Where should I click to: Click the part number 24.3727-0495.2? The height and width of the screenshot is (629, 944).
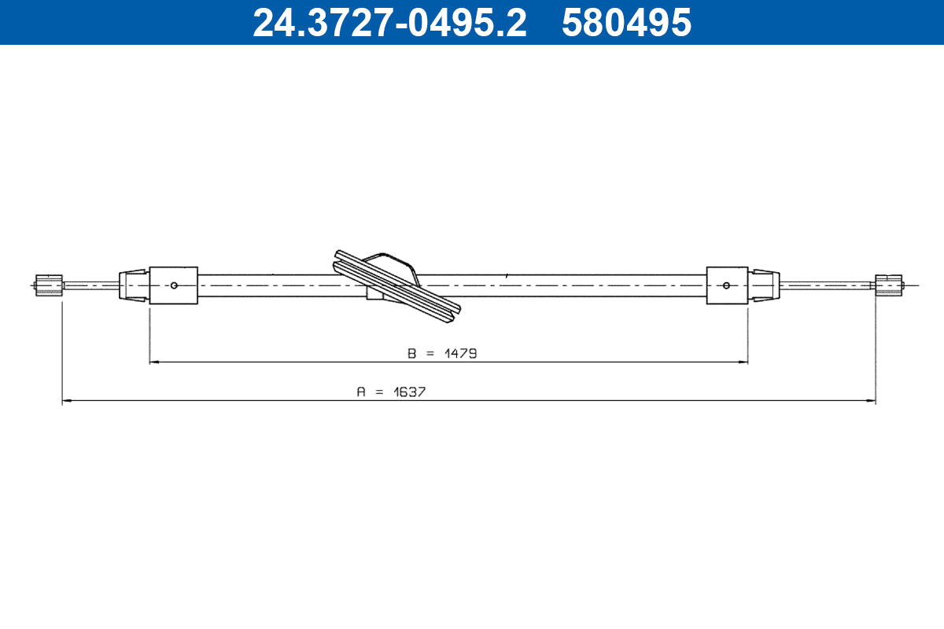pyautogui.click(x=389, y=23)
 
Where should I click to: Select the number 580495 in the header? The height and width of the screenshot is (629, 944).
pyautogui.click(x=626, y=23)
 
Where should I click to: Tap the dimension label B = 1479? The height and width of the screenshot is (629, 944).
pyautogui.click(x=442, y=353)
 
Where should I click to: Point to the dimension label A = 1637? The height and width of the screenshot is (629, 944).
pyautogui.click(x=391, y=392)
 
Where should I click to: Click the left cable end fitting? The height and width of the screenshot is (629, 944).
pyautogui.click(x=49, y=285)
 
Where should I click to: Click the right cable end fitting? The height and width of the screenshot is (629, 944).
pyautogui.click(x=889, y=285)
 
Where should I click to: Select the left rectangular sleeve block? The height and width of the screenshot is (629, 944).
pyautogui.click(x=173, y=285)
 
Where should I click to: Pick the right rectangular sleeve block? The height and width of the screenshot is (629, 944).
pyautogui.click(x=727, y=285)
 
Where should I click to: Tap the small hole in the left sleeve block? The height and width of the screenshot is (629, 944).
pyautogui.click(x=175, y=285)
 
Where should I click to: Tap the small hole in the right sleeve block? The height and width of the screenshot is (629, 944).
pyautogui.click(x=726, y=285)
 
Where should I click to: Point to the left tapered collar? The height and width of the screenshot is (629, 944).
pyautogui.click(x=133, y=285)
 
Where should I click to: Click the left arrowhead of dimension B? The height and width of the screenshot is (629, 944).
pyautogui.click(x=154, y=362)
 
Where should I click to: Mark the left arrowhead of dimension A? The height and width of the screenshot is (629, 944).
pyautogui.click(x=67, y=401)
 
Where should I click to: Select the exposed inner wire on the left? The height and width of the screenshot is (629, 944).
pyautogui.click(x=90, y=285)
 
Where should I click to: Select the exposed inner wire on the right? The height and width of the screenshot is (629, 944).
pyautogui.click(x=826, y=285)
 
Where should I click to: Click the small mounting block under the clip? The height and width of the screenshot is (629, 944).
pyautogui.click(x=375, y=293)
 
